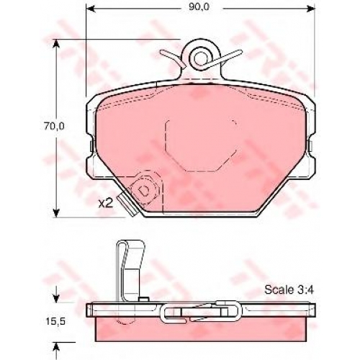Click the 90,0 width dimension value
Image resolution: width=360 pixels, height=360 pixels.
tap(199, 7)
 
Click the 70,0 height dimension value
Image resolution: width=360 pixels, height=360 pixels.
tap(54, 127)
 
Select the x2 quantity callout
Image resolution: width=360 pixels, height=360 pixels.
tap(106, 204)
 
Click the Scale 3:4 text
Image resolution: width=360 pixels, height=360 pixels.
tap(289, 290)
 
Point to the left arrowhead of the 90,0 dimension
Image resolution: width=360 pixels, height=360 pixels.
tap(89, 9)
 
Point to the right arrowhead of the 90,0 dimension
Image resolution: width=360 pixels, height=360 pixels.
tap(311, 9)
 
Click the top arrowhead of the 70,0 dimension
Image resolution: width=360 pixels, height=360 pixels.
tap(56, 43)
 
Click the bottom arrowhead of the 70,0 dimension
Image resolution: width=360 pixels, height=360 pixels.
tap(56, 213)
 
